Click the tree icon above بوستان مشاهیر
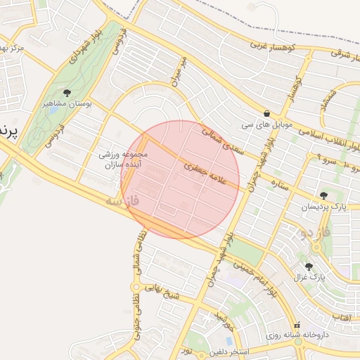click(x=67, y=92)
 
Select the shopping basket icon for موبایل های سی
click(x=266, y=113)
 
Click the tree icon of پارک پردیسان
click(x=323, y=195)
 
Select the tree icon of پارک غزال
click(x=309, y=266)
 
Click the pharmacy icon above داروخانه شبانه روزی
click(x=297, y=326)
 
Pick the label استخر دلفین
click(x=217, y=349)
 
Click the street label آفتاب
click(x=343, y=319)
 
